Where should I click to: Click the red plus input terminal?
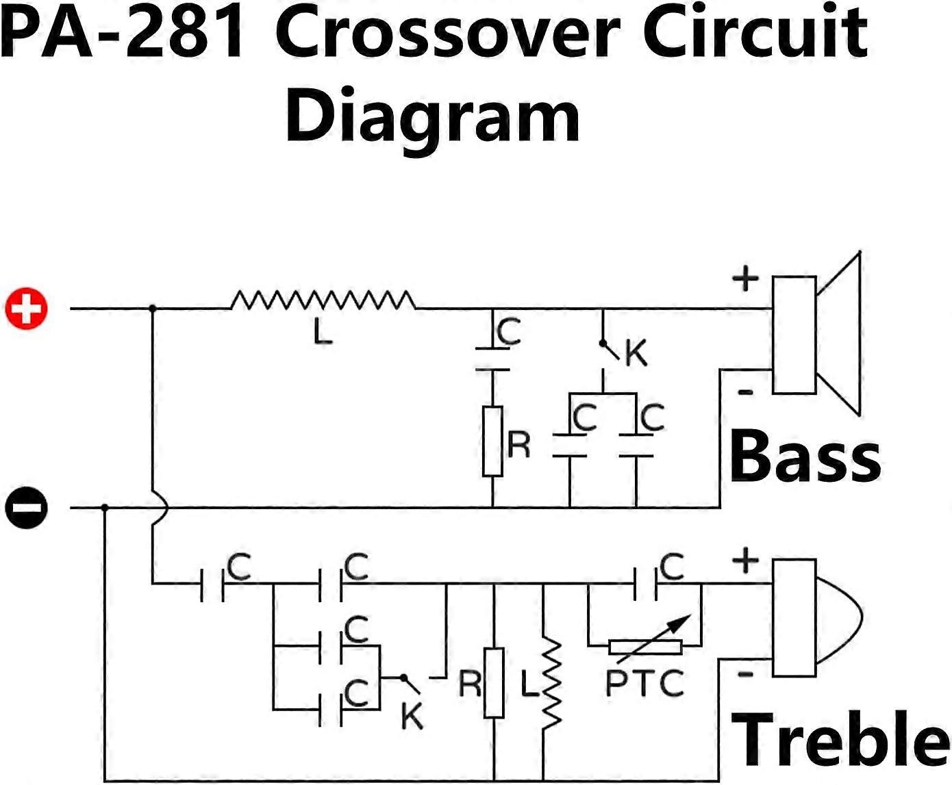point(27,309)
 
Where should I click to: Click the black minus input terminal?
point(27,508)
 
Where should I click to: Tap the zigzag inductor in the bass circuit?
point(323,300)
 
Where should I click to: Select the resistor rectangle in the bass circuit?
point(492,441)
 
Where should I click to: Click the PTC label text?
point(644,683)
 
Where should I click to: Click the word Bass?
point(805,456)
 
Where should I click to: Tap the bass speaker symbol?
point(815,334)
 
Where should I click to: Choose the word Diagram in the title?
point(433,116)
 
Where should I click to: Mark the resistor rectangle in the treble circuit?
point(493,682)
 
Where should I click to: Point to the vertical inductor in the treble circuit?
point(551,684)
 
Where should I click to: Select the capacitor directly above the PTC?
point(646,584)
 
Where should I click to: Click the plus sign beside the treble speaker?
point(745,561)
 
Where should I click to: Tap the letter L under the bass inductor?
point(323,333)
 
